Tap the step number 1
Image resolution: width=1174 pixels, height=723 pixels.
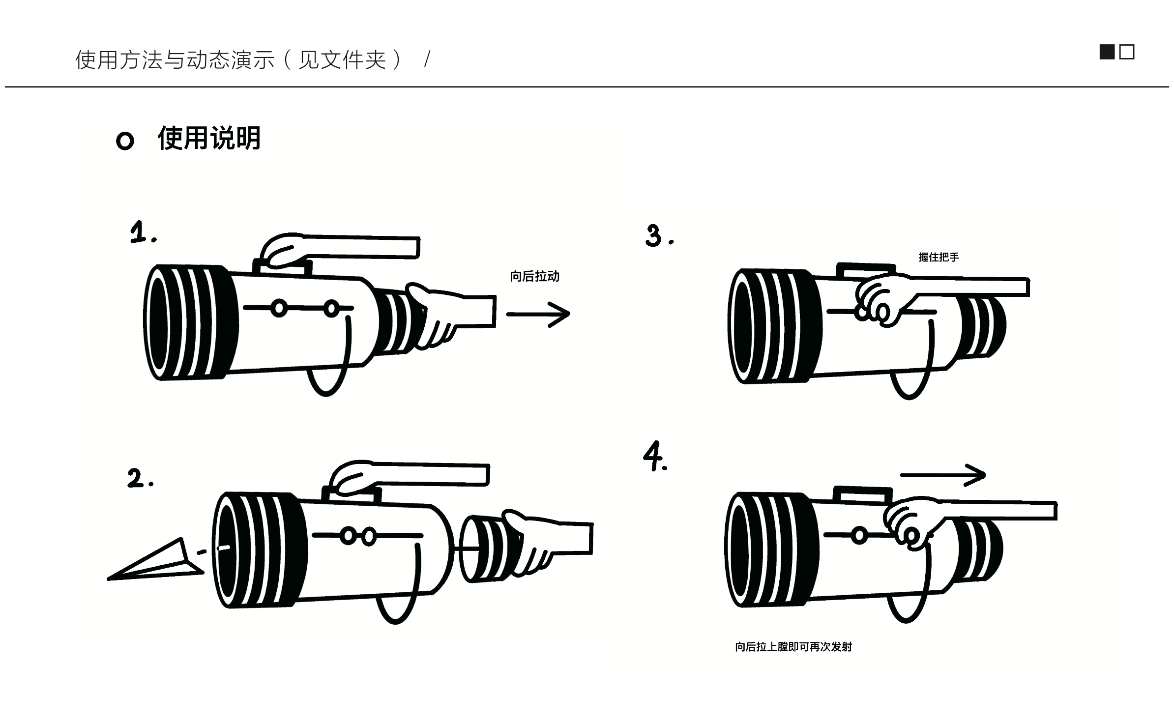(x=143, y=232)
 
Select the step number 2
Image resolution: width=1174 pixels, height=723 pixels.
(x=140, y=479)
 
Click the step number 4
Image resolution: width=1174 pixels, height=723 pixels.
(x=655, y=457)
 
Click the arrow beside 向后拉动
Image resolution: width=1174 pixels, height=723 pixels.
(x=538, y=314)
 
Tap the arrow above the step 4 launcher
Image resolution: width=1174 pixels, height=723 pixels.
(x=942, y=475)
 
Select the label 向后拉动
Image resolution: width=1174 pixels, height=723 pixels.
(x=534, y=276)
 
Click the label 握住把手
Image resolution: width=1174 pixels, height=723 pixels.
(x=939, y=257)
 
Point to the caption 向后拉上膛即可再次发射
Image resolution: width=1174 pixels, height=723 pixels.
(x=793, y=647)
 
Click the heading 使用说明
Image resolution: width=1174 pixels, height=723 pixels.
(x=209, y=138)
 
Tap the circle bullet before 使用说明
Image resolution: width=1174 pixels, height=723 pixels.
(x=125, y=141)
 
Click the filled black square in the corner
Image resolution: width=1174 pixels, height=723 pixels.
(x=1107, y=52)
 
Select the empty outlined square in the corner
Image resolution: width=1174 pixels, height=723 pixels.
(x=1127, y=52)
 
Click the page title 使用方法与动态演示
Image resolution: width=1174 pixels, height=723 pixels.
(x=175, y=60)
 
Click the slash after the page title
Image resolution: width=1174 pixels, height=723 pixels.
(x=427, y=59)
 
